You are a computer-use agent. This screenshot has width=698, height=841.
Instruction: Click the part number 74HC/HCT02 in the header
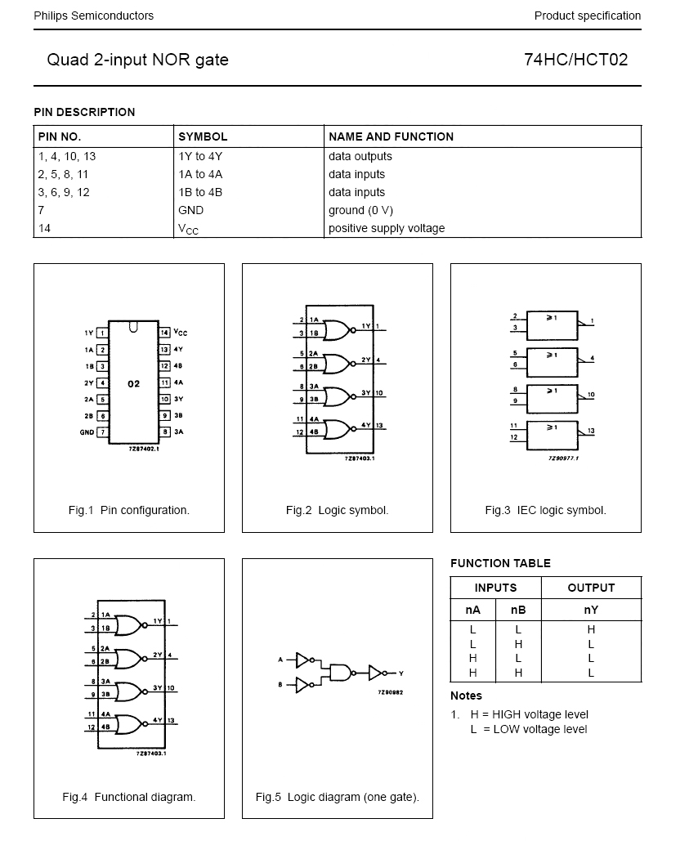coord(576,60)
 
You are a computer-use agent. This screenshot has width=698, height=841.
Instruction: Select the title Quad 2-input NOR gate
coord(137,60)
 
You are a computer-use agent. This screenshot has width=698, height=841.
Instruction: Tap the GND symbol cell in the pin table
coord(190,210)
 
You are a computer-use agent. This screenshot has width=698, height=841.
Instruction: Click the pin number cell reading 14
coord(44,228)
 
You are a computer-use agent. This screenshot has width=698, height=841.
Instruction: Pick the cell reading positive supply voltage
coord(387,228)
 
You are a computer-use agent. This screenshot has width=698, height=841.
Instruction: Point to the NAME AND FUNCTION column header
coord(391,136)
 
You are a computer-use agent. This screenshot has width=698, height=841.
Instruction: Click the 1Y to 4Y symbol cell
coord(200,156)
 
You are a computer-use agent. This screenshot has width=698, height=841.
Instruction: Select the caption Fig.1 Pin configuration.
coord(128,510)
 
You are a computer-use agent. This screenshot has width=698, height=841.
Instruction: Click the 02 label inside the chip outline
coord(133,382)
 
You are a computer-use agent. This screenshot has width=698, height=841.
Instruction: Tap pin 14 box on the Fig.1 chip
coord(164,333)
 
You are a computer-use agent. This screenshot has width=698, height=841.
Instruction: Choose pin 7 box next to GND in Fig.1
coord(102,432)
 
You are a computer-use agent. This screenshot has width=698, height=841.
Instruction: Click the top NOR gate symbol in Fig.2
coord(334,329)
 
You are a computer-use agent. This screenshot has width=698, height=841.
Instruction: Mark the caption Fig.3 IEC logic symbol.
coord(545,510)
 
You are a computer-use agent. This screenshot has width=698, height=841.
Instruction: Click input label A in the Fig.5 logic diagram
coord(280,659)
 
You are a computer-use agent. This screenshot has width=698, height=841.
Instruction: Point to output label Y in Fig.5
coord(400,673)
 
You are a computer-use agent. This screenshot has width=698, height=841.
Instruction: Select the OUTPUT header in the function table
coord(591,588)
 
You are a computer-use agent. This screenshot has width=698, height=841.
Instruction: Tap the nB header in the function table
coord(518,610)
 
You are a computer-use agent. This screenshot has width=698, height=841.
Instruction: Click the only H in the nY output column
coord(591,629)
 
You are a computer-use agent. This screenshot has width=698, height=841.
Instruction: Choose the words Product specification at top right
coord(587,16)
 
